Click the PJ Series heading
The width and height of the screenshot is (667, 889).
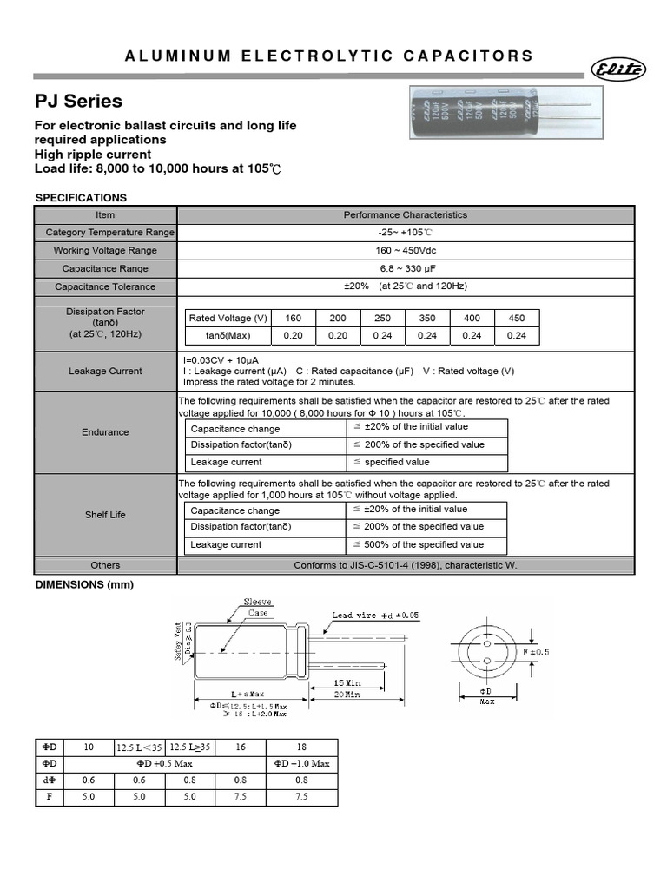click(78, 102)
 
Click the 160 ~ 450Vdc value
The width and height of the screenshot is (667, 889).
click(406, 250)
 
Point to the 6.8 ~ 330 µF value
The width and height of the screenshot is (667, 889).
click(406, 268)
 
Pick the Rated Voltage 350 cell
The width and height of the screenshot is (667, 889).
click(427, 318)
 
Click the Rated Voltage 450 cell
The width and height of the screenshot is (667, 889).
click(516, 318)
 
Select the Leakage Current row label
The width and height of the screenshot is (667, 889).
click(106, 371)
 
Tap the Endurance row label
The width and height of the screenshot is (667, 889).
click(106, 431)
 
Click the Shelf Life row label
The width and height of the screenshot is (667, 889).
click(106, 515)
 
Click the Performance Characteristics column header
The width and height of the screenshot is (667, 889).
click(406, 214)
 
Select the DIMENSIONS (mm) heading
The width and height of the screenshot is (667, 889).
click(84, 584)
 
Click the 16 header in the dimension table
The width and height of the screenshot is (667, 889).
click(240, 747)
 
